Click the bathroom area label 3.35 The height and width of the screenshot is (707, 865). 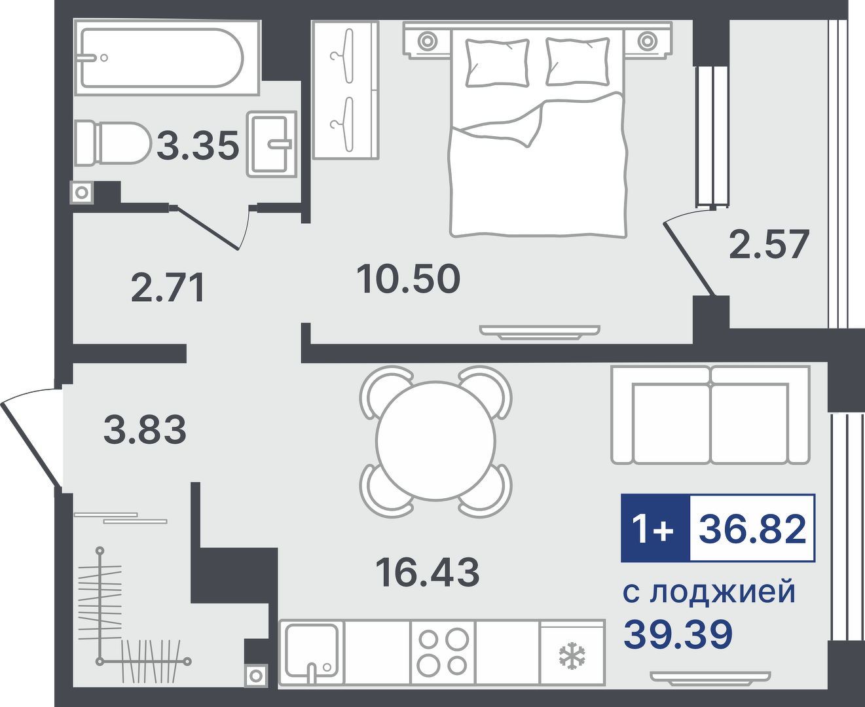[x=198, y=145]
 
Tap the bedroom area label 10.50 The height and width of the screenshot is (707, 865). [x=409, y=279]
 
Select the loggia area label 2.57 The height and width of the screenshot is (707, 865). [x=769, y=245]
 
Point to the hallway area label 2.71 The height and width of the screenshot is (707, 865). [x=168, y=289]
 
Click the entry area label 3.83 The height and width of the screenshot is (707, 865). [x=145, y=429]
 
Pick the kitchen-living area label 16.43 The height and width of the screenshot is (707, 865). [x=428, y=573]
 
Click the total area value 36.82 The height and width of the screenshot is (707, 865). [x=752, y=529]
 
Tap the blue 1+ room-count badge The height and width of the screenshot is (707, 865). [x=655, y=528]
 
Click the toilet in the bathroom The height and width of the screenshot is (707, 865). [x=113, y=143]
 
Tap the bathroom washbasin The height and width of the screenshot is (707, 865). [x=272, y=144]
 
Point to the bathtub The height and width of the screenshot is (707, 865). [x=166, y=58]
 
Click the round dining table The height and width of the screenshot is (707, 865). [x=435, y=441]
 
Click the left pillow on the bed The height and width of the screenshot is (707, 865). [x=497, y=62]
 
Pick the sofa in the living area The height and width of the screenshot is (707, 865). [x=710, y=415]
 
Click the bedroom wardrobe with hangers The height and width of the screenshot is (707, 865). [x=345, y=90]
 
